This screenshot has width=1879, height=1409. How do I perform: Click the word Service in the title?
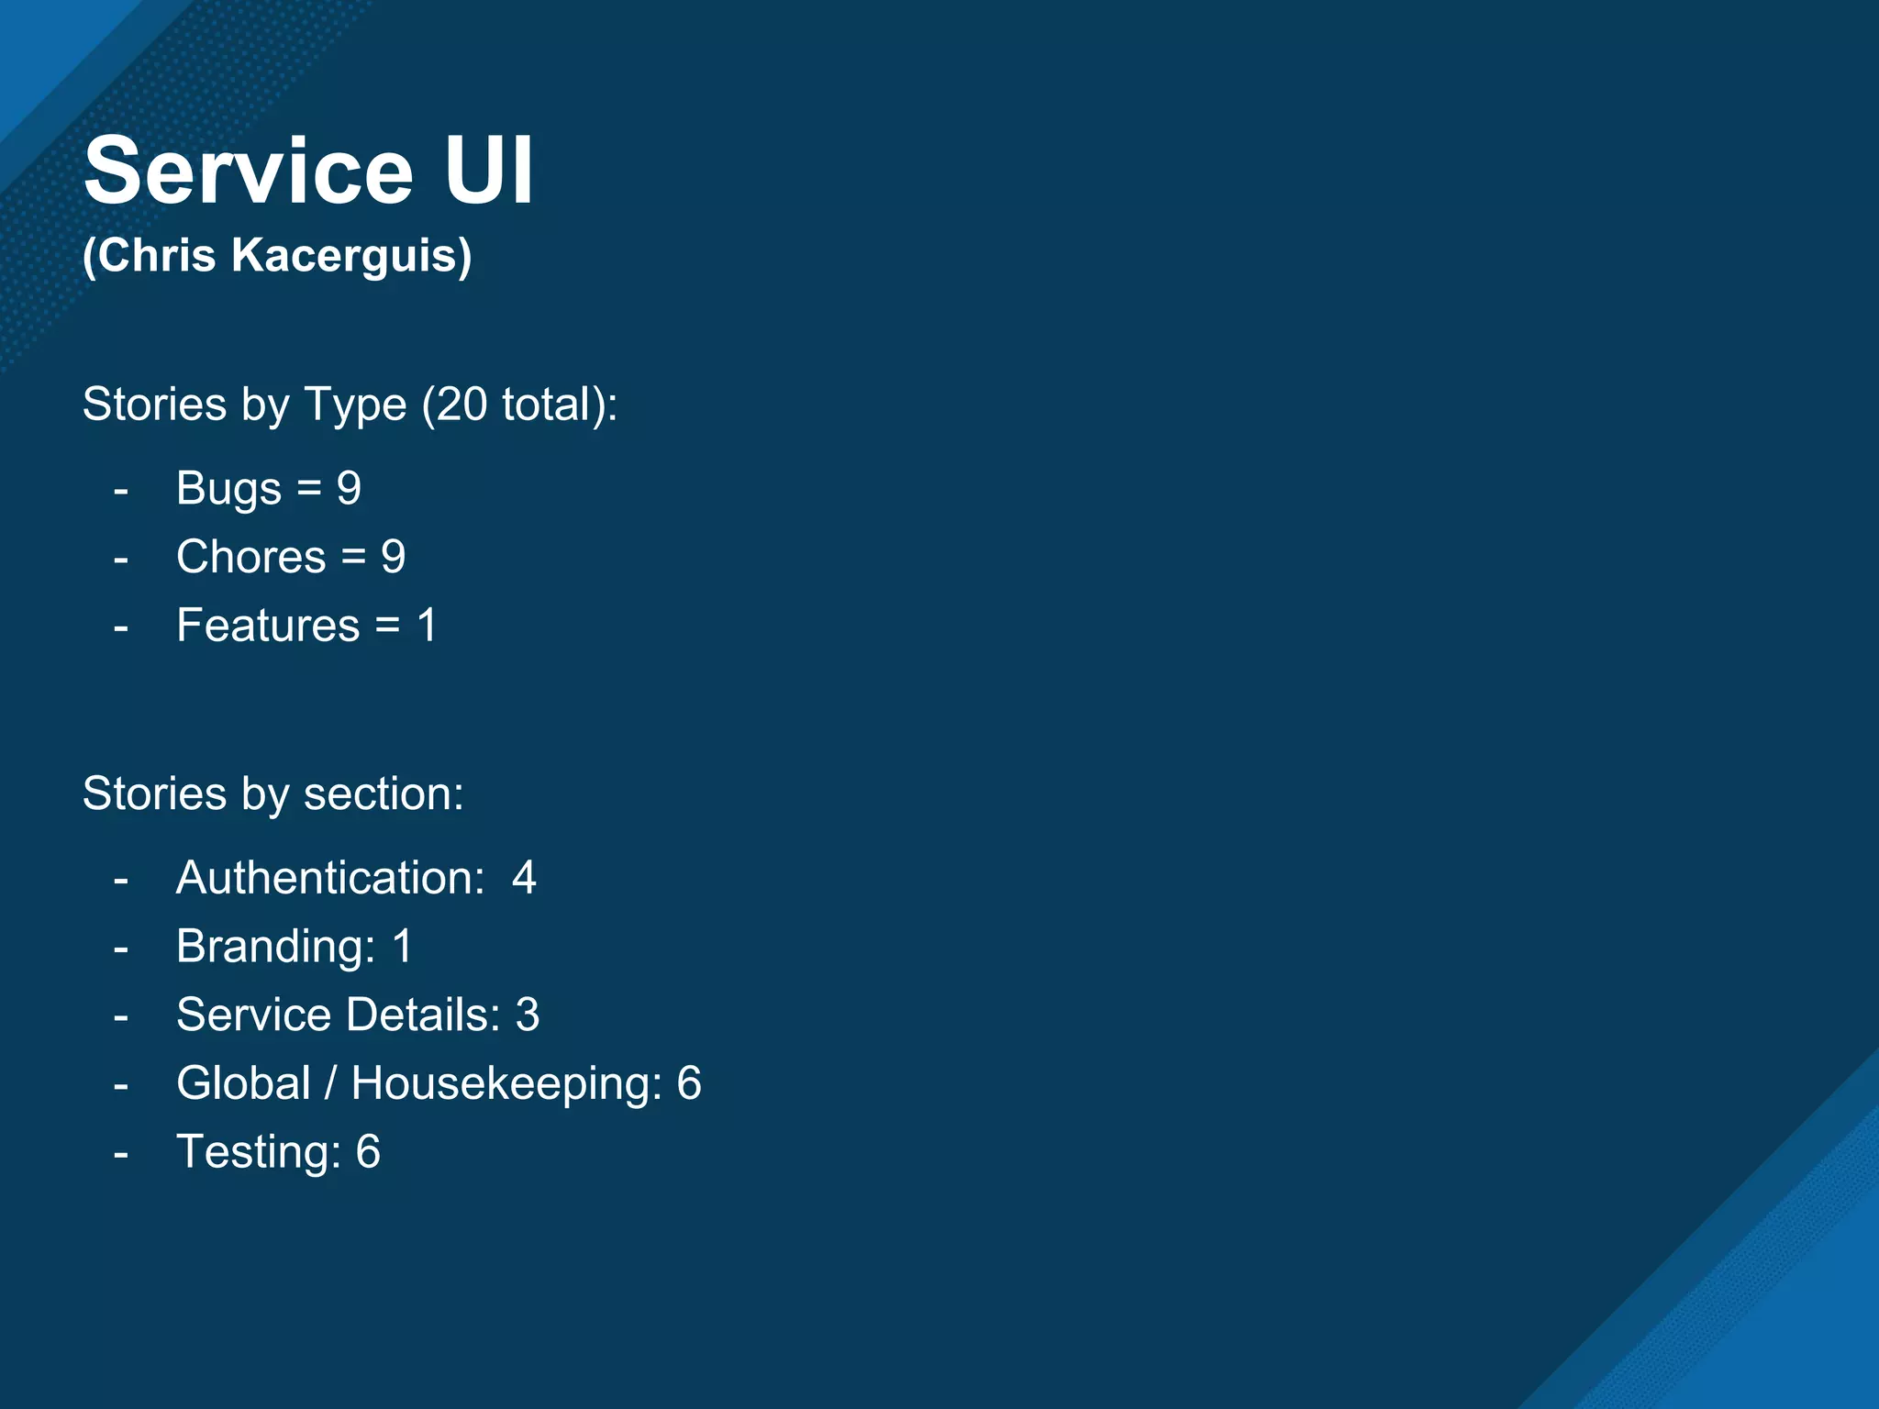click(249, 172)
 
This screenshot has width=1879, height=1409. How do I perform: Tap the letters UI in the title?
click(489, 172)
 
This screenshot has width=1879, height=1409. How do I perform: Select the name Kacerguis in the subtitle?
click(351, 255)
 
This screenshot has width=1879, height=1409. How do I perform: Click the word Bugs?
click(228, 489)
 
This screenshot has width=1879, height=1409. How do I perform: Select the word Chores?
click(251, 557)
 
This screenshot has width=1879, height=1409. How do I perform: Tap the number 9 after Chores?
click(394, 557)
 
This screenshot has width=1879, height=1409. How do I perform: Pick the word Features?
click(268, 626)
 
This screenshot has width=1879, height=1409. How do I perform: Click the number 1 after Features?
click(427, 626)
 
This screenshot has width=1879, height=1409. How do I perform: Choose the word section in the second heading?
click(384, 793)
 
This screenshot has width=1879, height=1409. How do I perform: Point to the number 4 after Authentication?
click(524, 878)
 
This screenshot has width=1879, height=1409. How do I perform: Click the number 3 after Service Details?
click(528, 1015)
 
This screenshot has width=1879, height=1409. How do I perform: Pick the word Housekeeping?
click(506, 1083)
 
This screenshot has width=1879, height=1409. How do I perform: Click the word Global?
click(243, 1083)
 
